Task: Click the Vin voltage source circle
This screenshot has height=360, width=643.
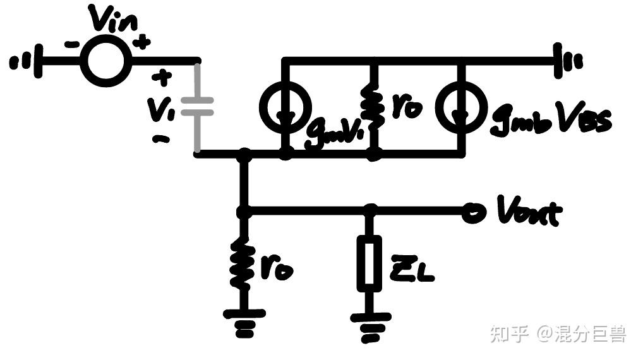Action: coord(105,61)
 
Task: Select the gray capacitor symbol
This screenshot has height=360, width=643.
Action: coord(197,107)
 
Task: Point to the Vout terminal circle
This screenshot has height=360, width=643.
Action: coord(470,213)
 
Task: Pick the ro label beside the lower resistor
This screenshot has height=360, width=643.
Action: coord(277,268)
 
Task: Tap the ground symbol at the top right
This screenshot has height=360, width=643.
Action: coord(565,61)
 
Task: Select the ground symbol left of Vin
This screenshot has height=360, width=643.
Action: coord(28,61)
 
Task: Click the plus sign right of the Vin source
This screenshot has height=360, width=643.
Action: coord(143,43)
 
